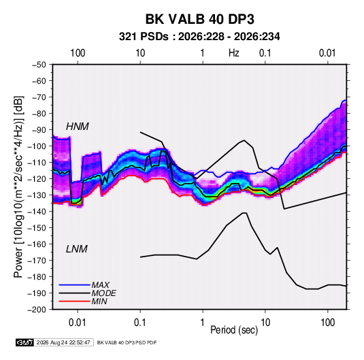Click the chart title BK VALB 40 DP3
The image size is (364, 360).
[199, 19]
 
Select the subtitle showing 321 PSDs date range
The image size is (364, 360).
[199, 37]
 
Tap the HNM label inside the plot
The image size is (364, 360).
[78, 127]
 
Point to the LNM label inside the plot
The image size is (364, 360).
[77, 249]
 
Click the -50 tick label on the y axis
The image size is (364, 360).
[39, 65]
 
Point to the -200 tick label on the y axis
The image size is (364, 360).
[37, 310]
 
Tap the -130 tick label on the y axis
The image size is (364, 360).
[37, 195]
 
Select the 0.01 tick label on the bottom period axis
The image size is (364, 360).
[78, 323]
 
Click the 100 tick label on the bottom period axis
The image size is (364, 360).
[327, 323]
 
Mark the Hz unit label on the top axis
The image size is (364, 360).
[234, 53]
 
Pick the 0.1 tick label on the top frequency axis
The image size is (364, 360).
[265, 53]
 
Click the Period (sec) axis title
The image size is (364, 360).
[234, 330]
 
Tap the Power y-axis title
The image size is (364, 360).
[19, 186]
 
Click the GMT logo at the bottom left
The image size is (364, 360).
[24, 342]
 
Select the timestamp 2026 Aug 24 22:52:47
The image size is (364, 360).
[63, 342]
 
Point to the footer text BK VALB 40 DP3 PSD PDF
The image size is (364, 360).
[127, 342]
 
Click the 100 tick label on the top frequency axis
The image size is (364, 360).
[78, 53]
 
